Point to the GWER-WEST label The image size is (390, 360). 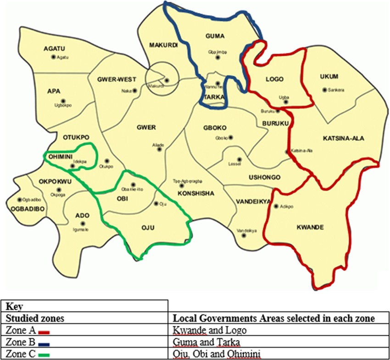pyautogui.click(x=114, y=79)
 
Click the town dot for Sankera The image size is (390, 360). pyautogui.click(x=325, y=90)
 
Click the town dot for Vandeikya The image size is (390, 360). pyautogui.click(x=244, y=236)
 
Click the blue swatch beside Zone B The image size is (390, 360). pyautogui.click(x=44, y=342)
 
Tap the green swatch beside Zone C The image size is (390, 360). pyautogui.click(x=44, y=353)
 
